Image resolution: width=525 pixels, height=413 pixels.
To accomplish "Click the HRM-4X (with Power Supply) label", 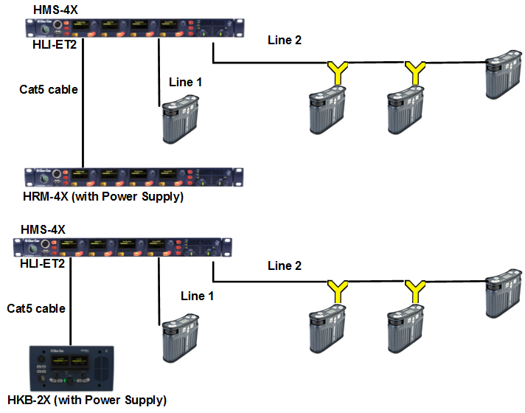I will pyautogui.click(x=103, y=197).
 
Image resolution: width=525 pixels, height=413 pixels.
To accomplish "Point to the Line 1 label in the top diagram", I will pyautogui.click(x=185, y=82).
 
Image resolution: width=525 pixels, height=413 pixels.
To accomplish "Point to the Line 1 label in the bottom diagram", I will pyautogui.click(x=197, y=296).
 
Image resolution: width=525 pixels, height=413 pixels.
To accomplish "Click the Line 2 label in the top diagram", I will pyautogui.click(x=284, y=41).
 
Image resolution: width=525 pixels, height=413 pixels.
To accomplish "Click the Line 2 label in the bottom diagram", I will pyautogui.click(x=284, y=265).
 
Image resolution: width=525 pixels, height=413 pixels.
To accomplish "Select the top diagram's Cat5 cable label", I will pyautogui.click(x=48, y=90).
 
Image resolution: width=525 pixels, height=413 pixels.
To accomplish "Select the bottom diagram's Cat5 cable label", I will pyautogui.click(x=35, y=308).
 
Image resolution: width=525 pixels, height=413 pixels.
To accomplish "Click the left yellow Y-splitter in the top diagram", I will pyautogui.click(x=337, y=72).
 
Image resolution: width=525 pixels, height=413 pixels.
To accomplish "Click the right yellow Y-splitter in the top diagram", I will pyautogui.click(x=417, y=72).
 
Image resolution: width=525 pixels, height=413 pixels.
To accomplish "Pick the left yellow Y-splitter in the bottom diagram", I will pyautogui.click(x=337, y=290).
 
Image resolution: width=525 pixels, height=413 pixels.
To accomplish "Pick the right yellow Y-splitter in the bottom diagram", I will pyautogui.click(x=417, y=290).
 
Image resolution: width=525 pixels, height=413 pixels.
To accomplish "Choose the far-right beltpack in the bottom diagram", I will pyautogui.click(x=503, y=294).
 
